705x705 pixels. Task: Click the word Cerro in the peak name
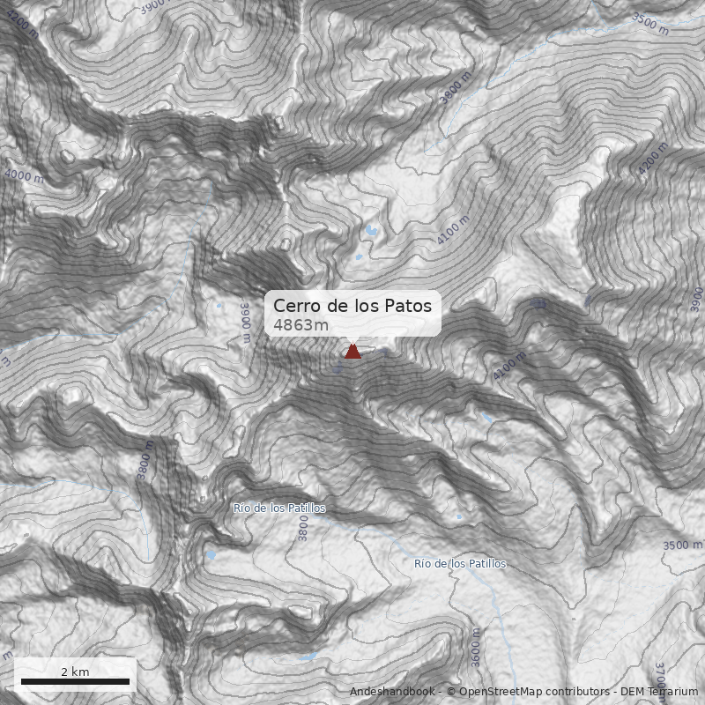293,306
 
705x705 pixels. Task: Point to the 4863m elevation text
301,325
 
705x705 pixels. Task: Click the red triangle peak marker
352,352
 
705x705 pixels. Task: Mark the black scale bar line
75,681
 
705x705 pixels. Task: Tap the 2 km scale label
75,672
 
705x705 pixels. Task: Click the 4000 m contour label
24,176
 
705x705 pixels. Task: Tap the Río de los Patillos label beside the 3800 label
278,508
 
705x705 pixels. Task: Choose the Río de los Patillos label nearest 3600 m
460,563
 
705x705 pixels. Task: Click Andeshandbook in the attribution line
393,692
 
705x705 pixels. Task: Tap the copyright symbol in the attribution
451,692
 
